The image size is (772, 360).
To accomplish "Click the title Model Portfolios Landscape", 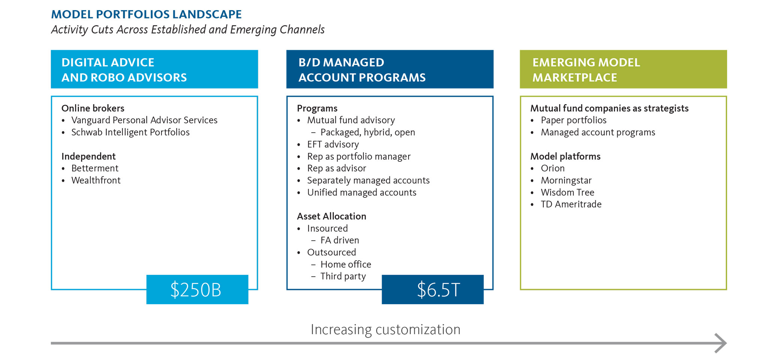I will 146,14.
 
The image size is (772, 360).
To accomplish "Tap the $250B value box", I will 197,290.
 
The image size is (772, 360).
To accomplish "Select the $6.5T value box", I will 432,290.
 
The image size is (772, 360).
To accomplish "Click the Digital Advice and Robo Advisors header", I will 154,69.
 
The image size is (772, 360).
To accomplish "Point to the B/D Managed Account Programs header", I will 390,69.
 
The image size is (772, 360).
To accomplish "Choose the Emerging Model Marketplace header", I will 623,69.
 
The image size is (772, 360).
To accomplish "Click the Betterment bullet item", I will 95,168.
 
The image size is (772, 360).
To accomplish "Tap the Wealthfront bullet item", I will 96,180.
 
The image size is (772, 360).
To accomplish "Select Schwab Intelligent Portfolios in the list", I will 130,132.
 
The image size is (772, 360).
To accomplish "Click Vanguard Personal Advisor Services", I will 144,120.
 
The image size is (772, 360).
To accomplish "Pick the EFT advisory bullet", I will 333,144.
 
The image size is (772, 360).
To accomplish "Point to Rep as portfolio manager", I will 359,156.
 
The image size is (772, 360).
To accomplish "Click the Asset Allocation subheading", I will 331,216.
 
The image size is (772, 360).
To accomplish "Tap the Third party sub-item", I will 343,276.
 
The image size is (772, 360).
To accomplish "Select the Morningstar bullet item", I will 566,180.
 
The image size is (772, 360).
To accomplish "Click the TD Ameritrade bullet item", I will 571,204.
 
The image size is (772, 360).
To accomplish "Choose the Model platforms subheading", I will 565,156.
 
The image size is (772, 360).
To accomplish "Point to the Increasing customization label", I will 385,329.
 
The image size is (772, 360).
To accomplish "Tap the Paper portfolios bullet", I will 573,120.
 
